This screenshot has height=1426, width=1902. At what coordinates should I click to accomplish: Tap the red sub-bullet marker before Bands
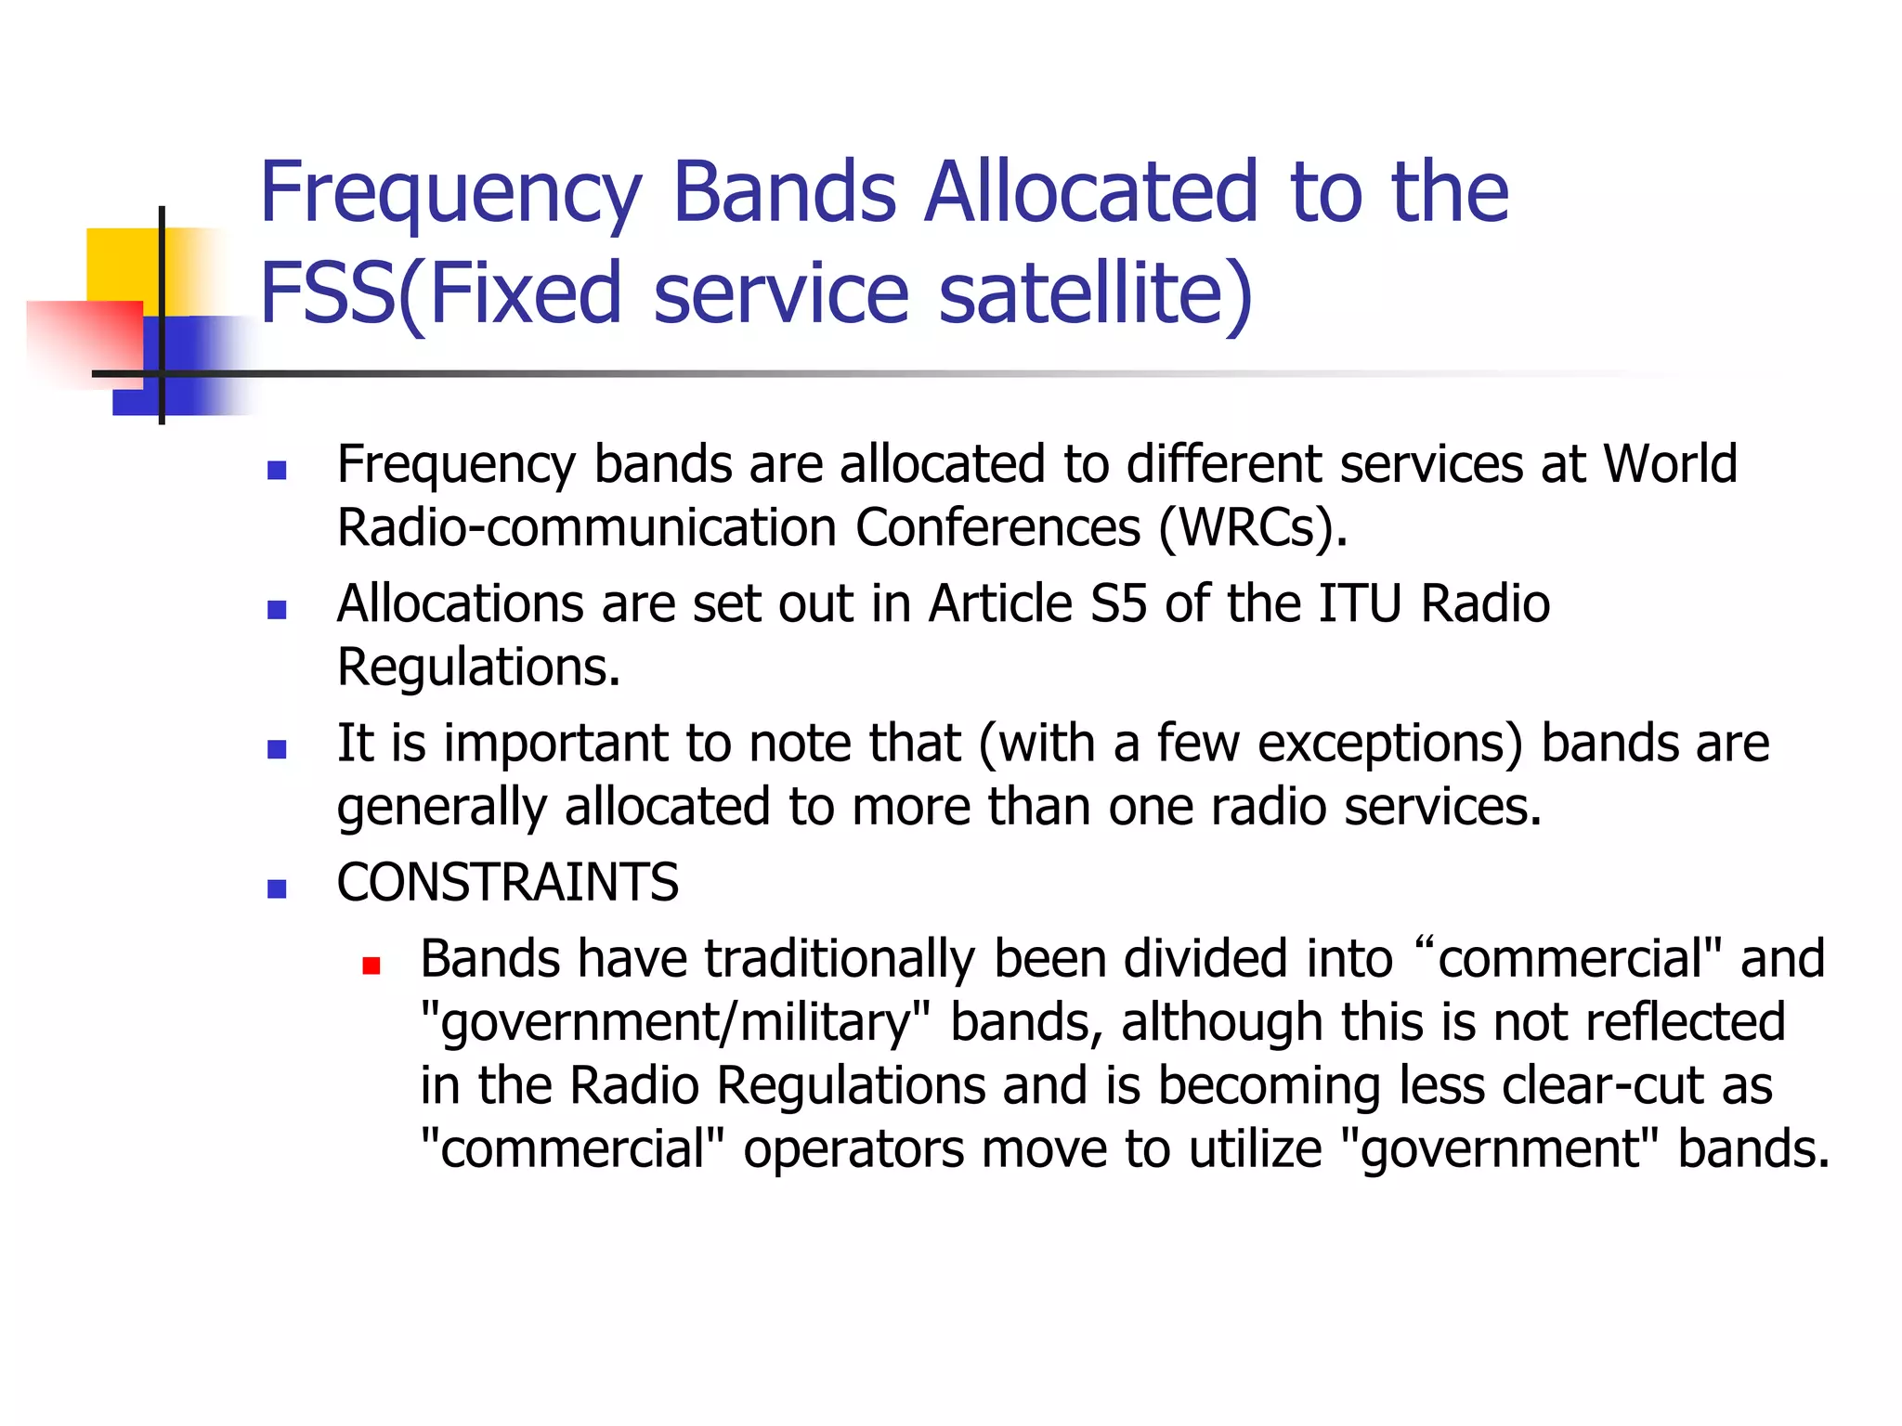[x=371, y=966]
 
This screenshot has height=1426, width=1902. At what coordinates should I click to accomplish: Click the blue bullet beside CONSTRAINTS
[x=276, y=888]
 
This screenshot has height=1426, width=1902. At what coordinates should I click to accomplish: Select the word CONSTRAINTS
[x=507, y=882]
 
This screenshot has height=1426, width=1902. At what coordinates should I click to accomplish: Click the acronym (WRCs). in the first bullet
[x=1253, y=528]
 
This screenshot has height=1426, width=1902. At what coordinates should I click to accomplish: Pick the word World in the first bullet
[x=1669, y=463]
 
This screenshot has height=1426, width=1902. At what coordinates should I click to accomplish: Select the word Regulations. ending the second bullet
[x=478, y=668]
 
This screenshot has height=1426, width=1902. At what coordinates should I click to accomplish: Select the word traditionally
[x=840, y=959]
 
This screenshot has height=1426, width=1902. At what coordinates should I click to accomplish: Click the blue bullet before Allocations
[x=276, y=610]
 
